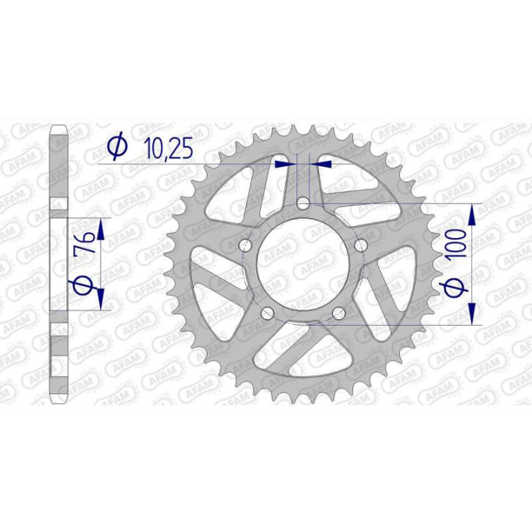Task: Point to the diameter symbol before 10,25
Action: click(x=117, y=149)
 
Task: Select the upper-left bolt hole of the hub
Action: click(x=246, y=245)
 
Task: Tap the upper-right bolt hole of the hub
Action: click(x=361, y=245)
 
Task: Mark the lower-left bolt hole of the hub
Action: click(x=267, y=313)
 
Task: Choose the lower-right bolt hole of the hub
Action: click(x=339, y=313)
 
